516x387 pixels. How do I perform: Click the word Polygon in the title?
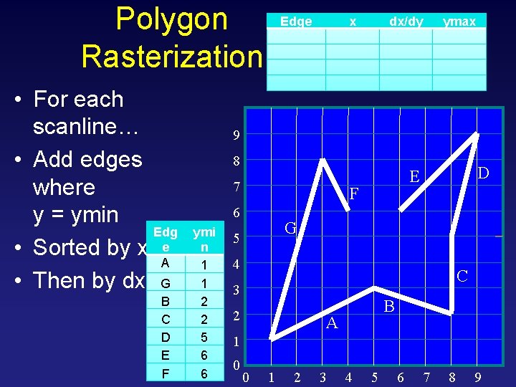(171, 20)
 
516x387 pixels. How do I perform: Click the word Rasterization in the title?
(172, 56)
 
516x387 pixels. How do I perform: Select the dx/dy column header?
(406, 21)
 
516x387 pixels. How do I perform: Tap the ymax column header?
(459, 21)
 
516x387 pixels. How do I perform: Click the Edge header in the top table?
(296, 21)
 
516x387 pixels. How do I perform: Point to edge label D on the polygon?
(483, 173)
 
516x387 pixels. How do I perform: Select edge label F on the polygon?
(353, 193)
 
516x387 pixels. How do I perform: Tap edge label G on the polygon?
(290, 229)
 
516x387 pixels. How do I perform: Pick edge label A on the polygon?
(331, 324)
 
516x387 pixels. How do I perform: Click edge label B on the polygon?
(389, 307)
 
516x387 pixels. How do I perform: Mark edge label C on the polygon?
(462, 275)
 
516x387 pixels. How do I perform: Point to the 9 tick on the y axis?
(236, 135)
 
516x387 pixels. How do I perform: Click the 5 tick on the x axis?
(374, 377)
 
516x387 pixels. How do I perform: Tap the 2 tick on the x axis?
(297, 377)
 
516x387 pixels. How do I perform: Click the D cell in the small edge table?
(166, 337)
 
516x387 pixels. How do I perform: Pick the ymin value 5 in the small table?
(204, 337)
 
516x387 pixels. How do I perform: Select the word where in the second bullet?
(64, 187)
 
